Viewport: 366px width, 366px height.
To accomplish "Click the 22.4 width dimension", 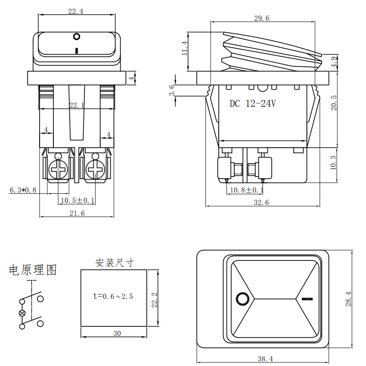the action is click(x=76, y=11).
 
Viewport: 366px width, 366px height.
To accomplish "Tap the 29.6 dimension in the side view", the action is click(x=262, y=18).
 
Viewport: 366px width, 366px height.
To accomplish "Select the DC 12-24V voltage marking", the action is click(x=253, y=103).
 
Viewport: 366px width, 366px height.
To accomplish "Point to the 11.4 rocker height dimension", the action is click(x=185, y=48).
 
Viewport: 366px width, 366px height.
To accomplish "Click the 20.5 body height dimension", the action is click(x=334, y=103).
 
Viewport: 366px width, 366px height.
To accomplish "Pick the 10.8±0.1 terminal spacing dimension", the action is click(x=247, y=190).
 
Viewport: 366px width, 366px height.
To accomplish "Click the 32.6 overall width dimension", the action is click(x=261, y=202).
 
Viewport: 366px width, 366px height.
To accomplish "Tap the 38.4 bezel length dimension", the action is click(x=265, y=359).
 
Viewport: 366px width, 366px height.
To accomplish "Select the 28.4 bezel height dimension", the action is click(x=348, y=299).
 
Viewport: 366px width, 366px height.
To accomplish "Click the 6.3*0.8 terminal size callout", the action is click(x=23, y=190).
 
